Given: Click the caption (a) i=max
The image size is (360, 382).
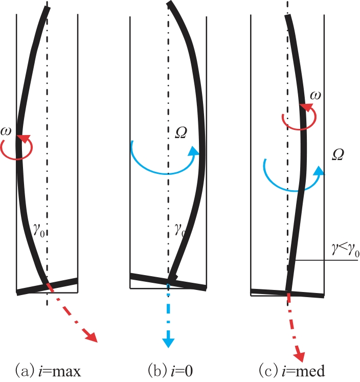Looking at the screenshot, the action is tap(48, 371).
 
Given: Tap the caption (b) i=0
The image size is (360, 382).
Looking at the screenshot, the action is tap(170, 371).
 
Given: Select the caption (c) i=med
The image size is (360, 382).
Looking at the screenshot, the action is tap(292, 371).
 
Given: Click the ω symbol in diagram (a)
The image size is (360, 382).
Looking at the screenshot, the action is tap(6, 131).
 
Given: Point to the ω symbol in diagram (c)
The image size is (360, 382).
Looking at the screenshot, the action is tap(316, 95).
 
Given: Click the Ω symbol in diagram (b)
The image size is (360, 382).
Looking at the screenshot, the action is tap(181, 133).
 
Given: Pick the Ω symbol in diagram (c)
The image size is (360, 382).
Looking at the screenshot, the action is tap(338, 154).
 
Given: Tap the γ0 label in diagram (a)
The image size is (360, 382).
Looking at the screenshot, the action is tap(39, 230).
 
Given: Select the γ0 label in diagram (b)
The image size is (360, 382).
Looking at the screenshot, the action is tap(180, 229).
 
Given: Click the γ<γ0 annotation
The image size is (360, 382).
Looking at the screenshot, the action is tap(345, 250).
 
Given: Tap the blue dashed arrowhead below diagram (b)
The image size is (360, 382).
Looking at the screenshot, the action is tap(168, 342).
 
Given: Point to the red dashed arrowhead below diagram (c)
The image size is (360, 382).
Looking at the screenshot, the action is tap(302, 356).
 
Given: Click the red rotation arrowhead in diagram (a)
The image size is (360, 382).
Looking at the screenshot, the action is tap(24, 139).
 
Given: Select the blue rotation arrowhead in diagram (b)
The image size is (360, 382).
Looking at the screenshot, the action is tap(194, 151).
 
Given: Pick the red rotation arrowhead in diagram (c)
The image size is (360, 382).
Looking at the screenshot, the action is tap(307, 107).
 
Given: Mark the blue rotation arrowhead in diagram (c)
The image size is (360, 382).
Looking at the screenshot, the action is tap(319, 170).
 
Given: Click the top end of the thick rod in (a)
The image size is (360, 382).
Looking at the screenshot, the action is tap(47, 7).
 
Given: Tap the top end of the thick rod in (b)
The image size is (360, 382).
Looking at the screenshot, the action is tap(170, 3).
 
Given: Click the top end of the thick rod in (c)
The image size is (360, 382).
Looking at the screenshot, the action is tap(288, 15).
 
